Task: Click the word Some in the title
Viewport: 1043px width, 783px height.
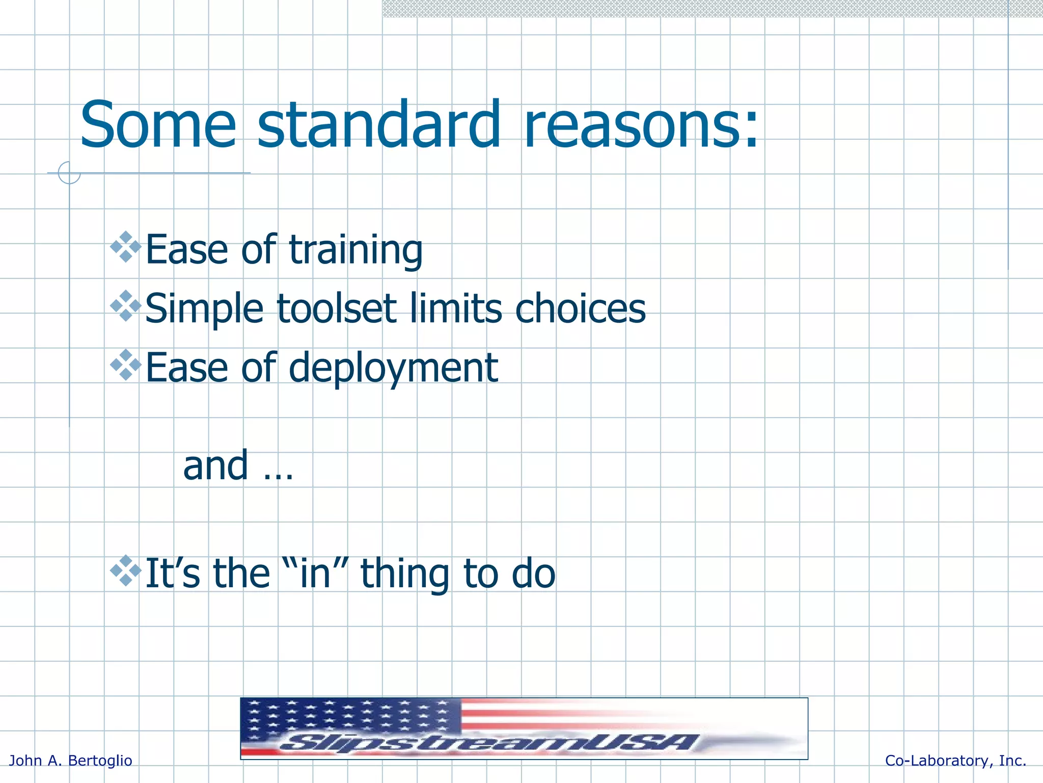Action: coord(158,125)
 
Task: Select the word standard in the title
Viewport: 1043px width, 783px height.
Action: coord(379,125)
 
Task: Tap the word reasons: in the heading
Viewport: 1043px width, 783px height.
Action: coord(641,125)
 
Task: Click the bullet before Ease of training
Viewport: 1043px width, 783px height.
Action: coord(126,247)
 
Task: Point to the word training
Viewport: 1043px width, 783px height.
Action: coord(355,250)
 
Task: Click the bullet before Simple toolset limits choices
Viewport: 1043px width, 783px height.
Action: coord(126,306)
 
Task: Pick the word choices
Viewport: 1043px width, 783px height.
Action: coord(580,308)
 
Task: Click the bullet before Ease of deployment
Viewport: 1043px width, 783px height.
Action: coord(126,365)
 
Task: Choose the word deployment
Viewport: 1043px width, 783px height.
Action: coord(393,368)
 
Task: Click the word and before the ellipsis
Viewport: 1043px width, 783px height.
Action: coord(215,465)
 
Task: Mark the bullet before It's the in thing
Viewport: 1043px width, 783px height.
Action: coord(126,571)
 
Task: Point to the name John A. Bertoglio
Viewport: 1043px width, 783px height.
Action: coord(71,761)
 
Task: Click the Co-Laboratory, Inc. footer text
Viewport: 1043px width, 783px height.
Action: coord(955,761)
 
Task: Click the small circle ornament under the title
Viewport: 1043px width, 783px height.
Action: coord(69,173)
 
